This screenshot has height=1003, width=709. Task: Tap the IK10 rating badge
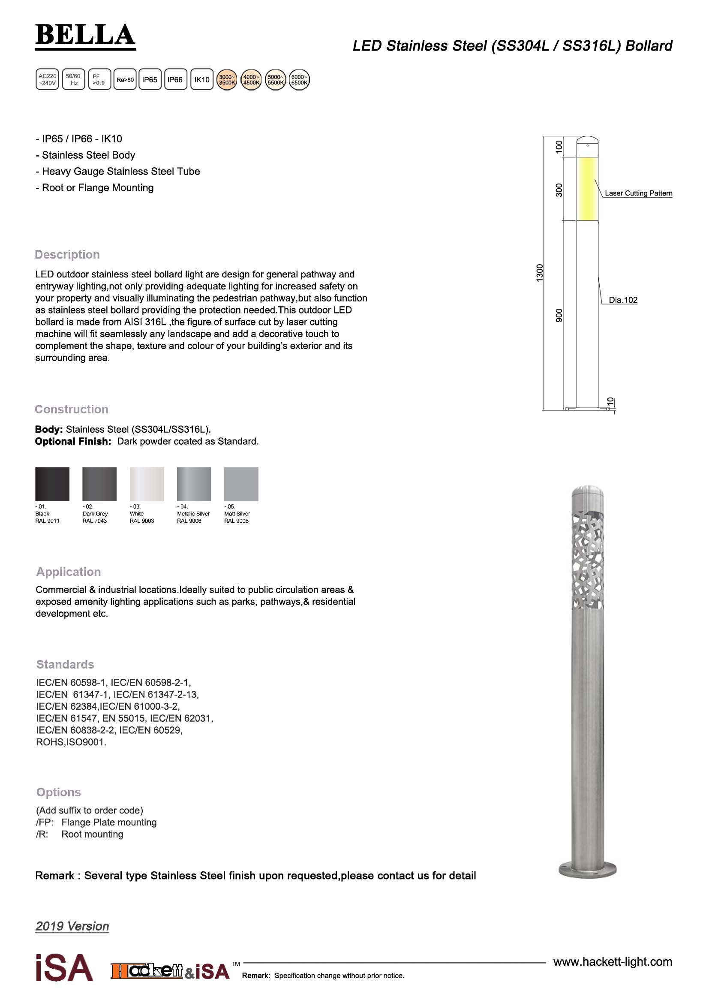(x=202, y=79)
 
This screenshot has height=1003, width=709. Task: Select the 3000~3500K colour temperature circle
(x=227, y=79)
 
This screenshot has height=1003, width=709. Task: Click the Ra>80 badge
(x=125, y=79)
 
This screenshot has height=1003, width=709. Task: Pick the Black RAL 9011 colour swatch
(x=52, y=484)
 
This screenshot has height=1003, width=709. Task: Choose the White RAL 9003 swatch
(x=146, y=484)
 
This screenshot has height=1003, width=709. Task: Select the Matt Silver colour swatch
(x=241, y=484)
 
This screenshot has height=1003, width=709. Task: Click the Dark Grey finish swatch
(x=99, y=484)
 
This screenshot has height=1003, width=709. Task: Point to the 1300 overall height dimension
(x=540, y=273)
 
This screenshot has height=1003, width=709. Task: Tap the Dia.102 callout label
(x=623, y=300)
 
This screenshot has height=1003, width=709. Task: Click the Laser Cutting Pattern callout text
(x=638, y=193)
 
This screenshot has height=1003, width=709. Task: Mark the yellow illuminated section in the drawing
(x=587, y=189)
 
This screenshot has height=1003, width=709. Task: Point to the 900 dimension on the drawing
(x=559, y=316)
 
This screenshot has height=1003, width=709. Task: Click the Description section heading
(x=67, y=255)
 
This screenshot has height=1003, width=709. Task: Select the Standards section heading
(x=65, y=664)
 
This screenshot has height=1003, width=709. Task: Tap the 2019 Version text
(x=72, y=926)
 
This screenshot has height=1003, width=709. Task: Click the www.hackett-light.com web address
(x=613, y=961)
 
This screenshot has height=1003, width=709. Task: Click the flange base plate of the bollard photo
(x=588, y=869)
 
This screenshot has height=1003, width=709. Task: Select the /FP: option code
(x=45, y=822)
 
